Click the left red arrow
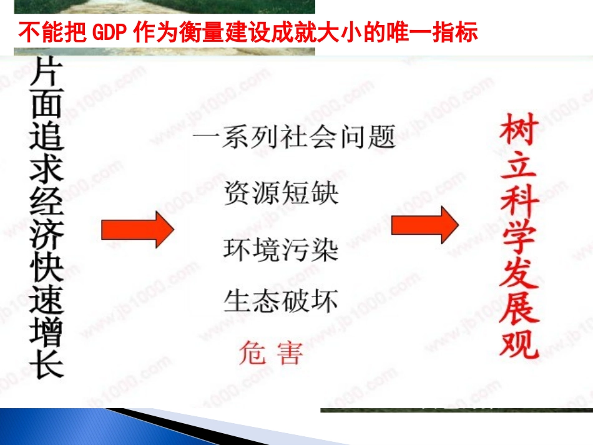[137, 229]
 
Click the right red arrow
[424, 225]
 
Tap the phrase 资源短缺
[281, 193]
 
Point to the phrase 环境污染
[281, 249]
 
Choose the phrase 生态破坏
[281, 301]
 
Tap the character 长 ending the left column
[47, 364]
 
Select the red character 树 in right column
[519, 129]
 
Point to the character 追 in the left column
[47, 137]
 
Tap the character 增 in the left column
[47, 331]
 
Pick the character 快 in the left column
[47, 267]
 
